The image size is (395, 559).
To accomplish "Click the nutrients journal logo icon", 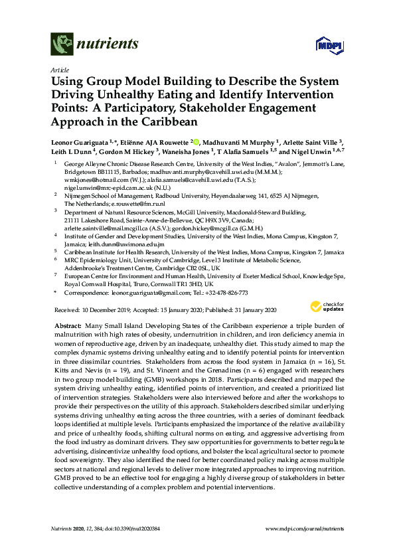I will click(x=61, y=45).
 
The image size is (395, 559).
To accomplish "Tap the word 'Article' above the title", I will click(x=59, y=69).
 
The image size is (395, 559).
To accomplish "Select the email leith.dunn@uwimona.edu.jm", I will click(x=127, y=244).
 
